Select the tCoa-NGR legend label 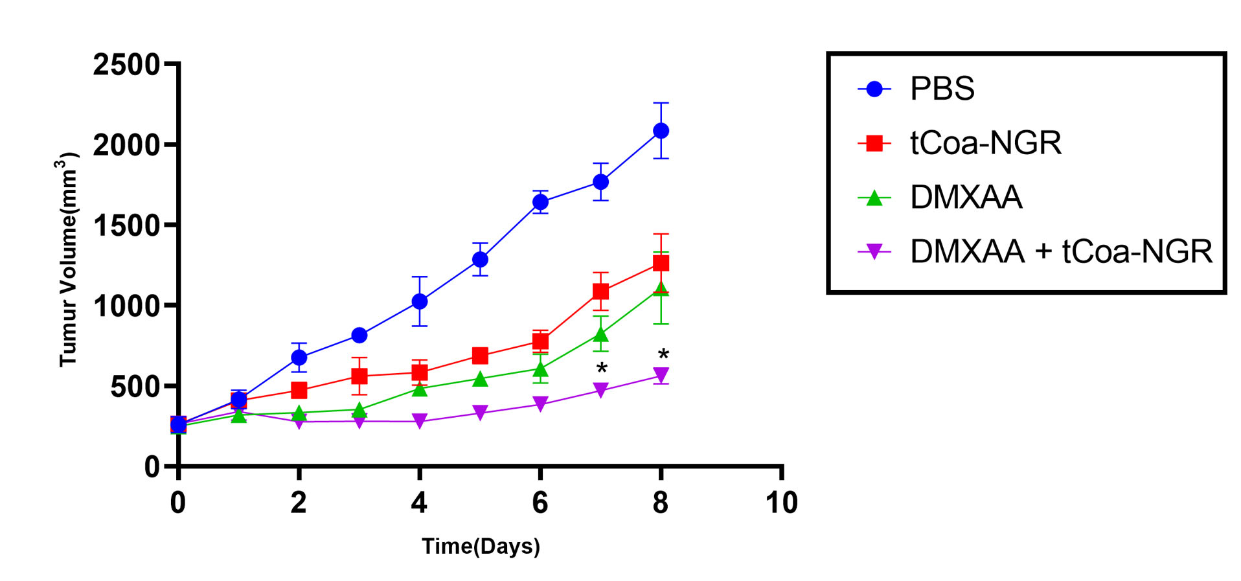pyautogui.click(x=985, y=143)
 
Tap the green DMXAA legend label pyautogui.click(x=965, y=198)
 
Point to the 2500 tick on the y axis pyautogui.click(x=126, y=65)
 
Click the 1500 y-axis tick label pyautogui.click(x=126, y=225)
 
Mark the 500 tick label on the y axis pyautogui.click(x=135, y=387)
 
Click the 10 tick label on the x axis pyautogui.click(x=781, y=503)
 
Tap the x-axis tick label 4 pyautogui.click(x=419, y=503)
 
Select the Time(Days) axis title pyautogui.click(x=481, y=547)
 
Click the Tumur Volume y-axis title pyautogui.click(x=68, y=259)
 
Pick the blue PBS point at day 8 pyautogui.click(x=661, y=131)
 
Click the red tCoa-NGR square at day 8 pyautogui.click(x=661, y=263)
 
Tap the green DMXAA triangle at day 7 pyautogui.click(x=600, y=334)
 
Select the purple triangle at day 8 pyautogui.click(x=661, y=375)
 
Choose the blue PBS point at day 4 pyautogui.click(x=420, y=301)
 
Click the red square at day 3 pyautogui.click(x=359, y=376)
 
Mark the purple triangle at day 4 pyautogui.click(x=420, y=422)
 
